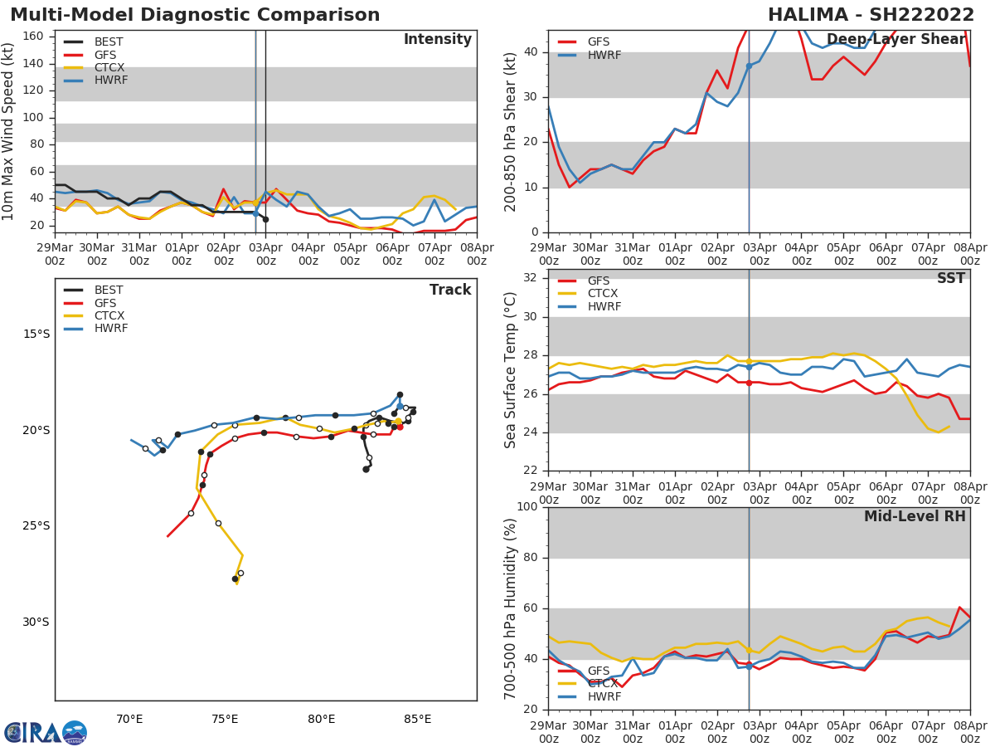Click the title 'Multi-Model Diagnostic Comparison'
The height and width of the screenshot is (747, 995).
point(195,15)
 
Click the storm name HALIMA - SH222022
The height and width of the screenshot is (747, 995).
point(871,15)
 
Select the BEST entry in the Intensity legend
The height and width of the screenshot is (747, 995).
point(108,41)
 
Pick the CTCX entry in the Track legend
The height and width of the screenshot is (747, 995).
point(108,315)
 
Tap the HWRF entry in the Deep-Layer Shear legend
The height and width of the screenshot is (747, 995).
point(604,55)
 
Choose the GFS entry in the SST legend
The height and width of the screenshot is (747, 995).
point(598,281)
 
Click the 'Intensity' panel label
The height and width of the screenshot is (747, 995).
point(437,40)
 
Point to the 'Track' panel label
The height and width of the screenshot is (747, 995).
point(450,290)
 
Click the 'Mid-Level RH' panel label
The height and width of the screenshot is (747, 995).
point(915,516)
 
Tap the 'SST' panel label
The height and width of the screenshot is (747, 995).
point(951,278)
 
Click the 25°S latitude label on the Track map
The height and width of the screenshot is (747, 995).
point(36,525)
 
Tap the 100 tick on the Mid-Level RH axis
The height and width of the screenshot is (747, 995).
point(527,507)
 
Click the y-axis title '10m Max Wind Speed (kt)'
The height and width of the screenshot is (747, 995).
point(9,131)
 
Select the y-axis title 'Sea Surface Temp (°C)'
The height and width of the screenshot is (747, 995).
point(511,370)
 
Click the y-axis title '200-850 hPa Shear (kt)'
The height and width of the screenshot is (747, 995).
point(511,131)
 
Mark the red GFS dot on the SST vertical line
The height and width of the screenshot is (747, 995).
point(749,383)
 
